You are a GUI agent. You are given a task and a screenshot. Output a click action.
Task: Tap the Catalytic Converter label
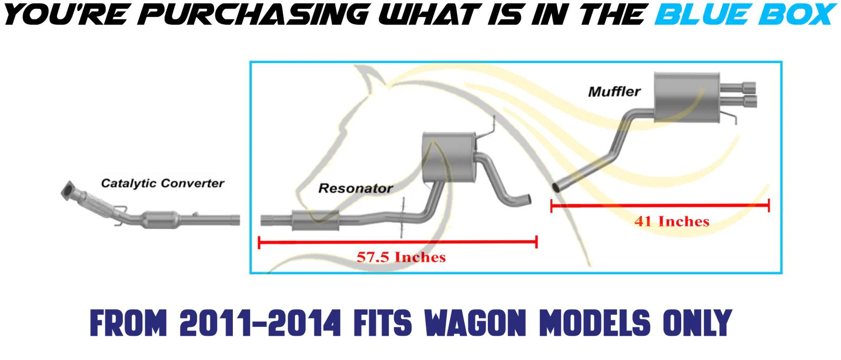click(162, 183)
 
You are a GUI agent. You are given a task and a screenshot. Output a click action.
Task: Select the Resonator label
click(355, 188)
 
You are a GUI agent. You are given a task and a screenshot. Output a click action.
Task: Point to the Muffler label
click(614, 91)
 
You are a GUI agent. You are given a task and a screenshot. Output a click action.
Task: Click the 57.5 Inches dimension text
click(401, 257)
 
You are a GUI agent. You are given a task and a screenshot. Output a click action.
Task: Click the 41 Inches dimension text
click(672, 221)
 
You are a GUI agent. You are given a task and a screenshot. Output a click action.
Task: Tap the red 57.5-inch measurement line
click(398, 242)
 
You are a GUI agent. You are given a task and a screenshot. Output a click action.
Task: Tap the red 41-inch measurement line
click(660, 205)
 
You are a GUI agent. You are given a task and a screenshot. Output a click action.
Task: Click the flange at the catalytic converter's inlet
click(68, 191)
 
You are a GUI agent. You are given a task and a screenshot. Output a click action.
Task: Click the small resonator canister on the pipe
click(315, 221)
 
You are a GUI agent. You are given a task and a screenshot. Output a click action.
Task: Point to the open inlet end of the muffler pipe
click(557, 187)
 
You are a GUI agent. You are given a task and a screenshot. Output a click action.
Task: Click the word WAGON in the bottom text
click(475, 323)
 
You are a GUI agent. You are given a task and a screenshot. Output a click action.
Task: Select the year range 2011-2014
click(260, 323)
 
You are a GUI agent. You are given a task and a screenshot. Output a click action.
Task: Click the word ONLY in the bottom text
click(697, 323)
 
